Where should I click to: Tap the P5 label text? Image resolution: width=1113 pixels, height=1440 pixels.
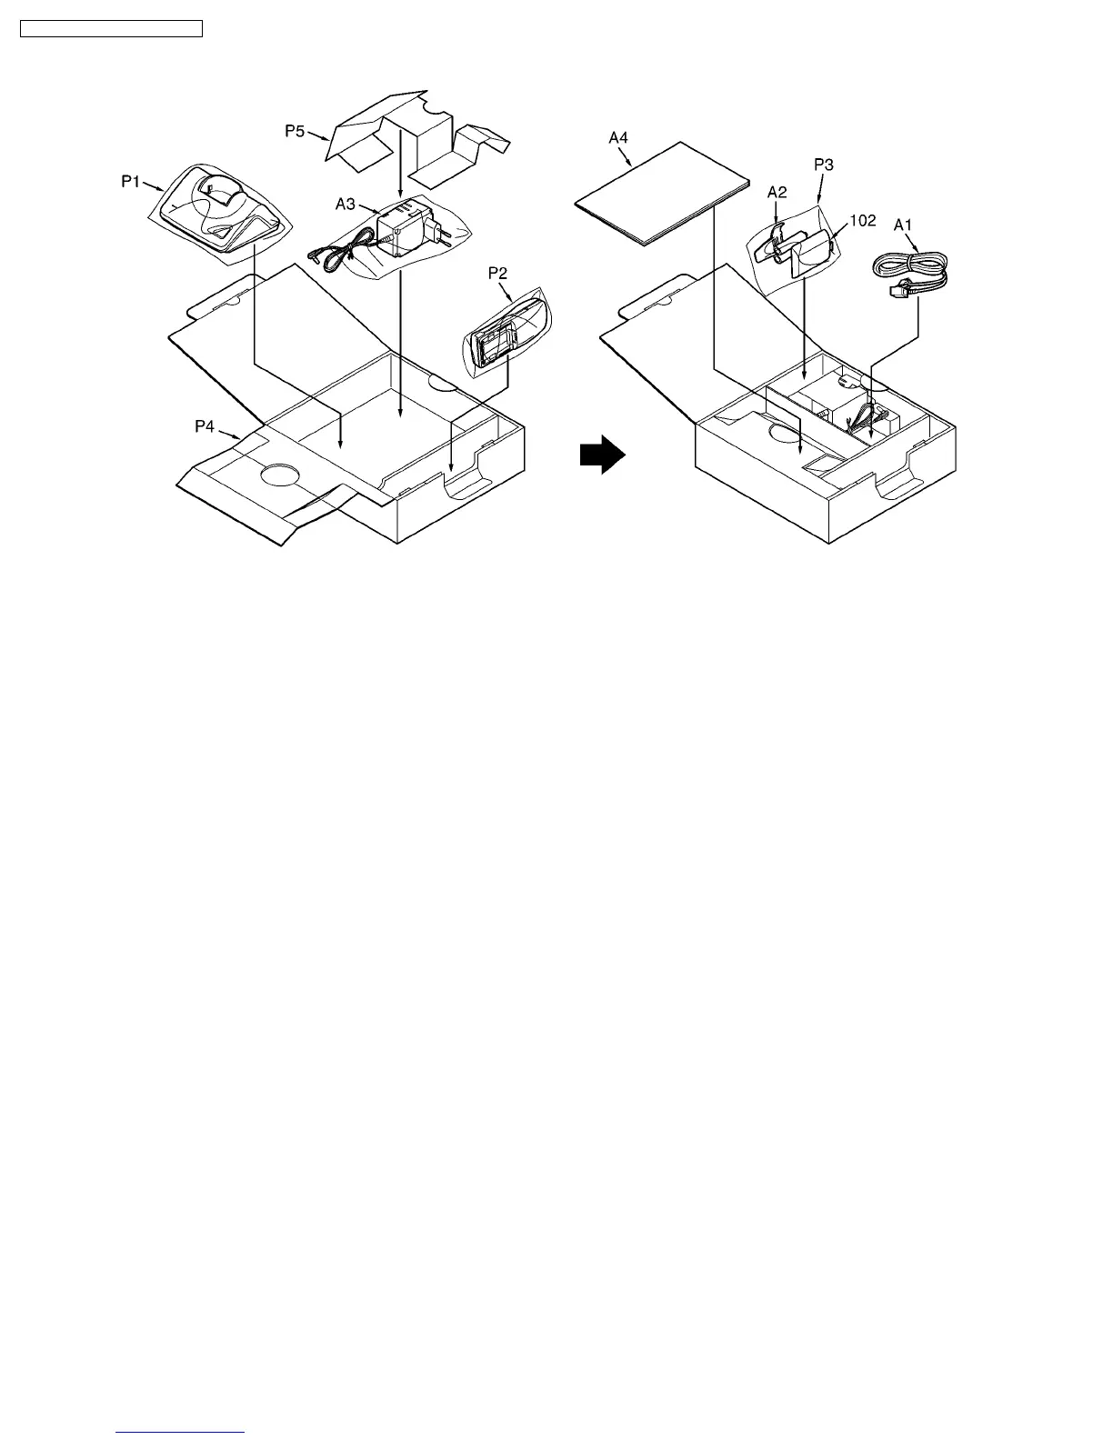click(296, 131)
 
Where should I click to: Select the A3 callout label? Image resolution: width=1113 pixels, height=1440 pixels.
click(346, 204)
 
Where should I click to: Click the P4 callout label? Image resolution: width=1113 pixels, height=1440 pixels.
click(206, 425)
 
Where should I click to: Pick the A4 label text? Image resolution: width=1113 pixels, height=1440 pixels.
click(618, 138)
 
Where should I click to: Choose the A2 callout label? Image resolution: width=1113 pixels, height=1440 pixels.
click(777, 192)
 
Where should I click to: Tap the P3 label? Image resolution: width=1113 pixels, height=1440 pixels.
click(823, 165)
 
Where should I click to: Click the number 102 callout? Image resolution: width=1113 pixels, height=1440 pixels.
click(862, 220)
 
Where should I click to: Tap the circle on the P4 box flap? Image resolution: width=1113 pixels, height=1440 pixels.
click(281, 475)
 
